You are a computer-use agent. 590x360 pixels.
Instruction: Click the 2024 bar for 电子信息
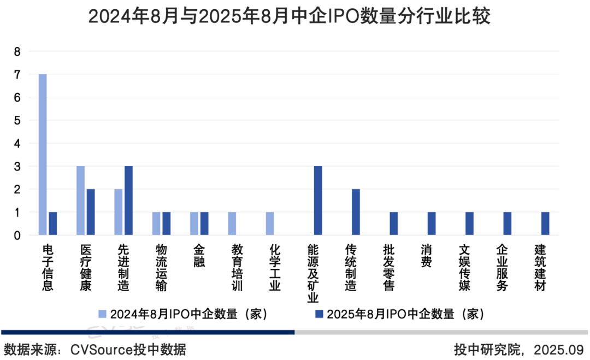pyautogui.click(x=43, y=155)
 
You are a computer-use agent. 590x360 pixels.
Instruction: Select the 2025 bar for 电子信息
pyautogui.click(x=53, y=223)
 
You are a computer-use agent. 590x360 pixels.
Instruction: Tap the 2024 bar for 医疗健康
pyautogui.click(x=80, y=200)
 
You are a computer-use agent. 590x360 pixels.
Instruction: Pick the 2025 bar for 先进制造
pyautogui.click(x=128, y=200)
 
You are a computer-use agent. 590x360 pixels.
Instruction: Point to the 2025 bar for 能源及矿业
pyautogui.click(x=318, y=200)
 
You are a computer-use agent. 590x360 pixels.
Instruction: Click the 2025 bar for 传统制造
pyautogui.click(x=356, y=212)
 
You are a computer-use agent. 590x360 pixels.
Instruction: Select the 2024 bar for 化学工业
pyautogui.click(x=270, y=223)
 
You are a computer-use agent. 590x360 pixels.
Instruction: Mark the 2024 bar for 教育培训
pyautogui.click(x=232, y=223)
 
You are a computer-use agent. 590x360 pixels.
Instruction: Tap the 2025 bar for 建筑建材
pyautogui.click(x=545, y=223)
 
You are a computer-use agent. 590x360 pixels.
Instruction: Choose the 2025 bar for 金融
pyautogui.click(x=204, y=223)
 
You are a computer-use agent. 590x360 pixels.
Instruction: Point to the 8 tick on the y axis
pyautogui.click(x=17, y=52)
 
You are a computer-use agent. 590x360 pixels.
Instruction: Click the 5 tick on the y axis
pyautogui.click(x=17, y=121)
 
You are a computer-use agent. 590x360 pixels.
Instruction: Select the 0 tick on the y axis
pyautogui.click(x=17, y=235)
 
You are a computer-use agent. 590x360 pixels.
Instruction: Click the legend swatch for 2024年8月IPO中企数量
pyautogui.click(x=103, y=314)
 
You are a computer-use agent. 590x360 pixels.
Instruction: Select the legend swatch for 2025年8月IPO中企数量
pyautogui.click(x=320, y=314)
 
